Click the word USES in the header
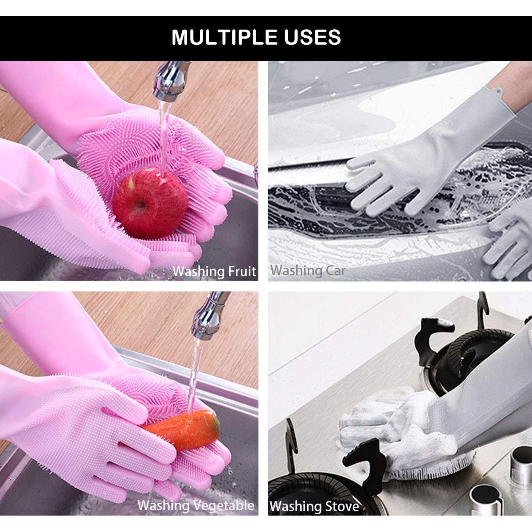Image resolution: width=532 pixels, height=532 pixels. tap(310, 37)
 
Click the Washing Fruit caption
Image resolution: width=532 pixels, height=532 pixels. tap(215, 271)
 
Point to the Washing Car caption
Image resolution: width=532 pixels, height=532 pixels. tap(308, 270)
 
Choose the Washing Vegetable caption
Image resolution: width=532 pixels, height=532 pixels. tap(196, 505)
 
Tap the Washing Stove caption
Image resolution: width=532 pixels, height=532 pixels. tap(314, 506)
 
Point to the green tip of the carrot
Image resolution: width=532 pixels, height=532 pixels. tap(215, 424)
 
